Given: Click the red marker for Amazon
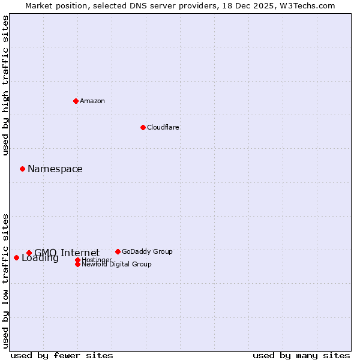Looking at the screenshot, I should point(76,101).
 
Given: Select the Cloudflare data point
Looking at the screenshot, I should point(143,127).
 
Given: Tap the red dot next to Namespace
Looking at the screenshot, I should point(22,169).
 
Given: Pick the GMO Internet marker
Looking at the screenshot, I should point(29,253).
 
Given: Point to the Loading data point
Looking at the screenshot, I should point(16,257).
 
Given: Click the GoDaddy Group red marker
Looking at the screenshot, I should point(118,251).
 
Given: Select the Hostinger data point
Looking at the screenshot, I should point(78,260).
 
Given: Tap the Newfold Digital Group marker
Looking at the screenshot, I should point(78,264).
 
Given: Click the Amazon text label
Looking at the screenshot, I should point(92,101).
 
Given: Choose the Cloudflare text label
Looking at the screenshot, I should point(163,127).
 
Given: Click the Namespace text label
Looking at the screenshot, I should point(55,169).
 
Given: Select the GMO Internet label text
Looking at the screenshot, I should point(67,253).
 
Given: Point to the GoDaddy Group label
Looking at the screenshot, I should point(147,251).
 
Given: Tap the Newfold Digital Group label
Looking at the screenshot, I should point(116,264).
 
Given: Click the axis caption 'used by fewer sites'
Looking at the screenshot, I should point(62,355).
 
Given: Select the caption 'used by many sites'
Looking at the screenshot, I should point(301,355).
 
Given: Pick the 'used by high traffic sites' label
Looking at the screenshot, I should point(6,85).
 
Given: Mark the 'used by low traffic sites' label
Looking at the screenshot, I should point(6,281).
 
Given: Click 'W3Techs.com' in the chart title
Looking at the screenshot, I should point(309,5).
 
